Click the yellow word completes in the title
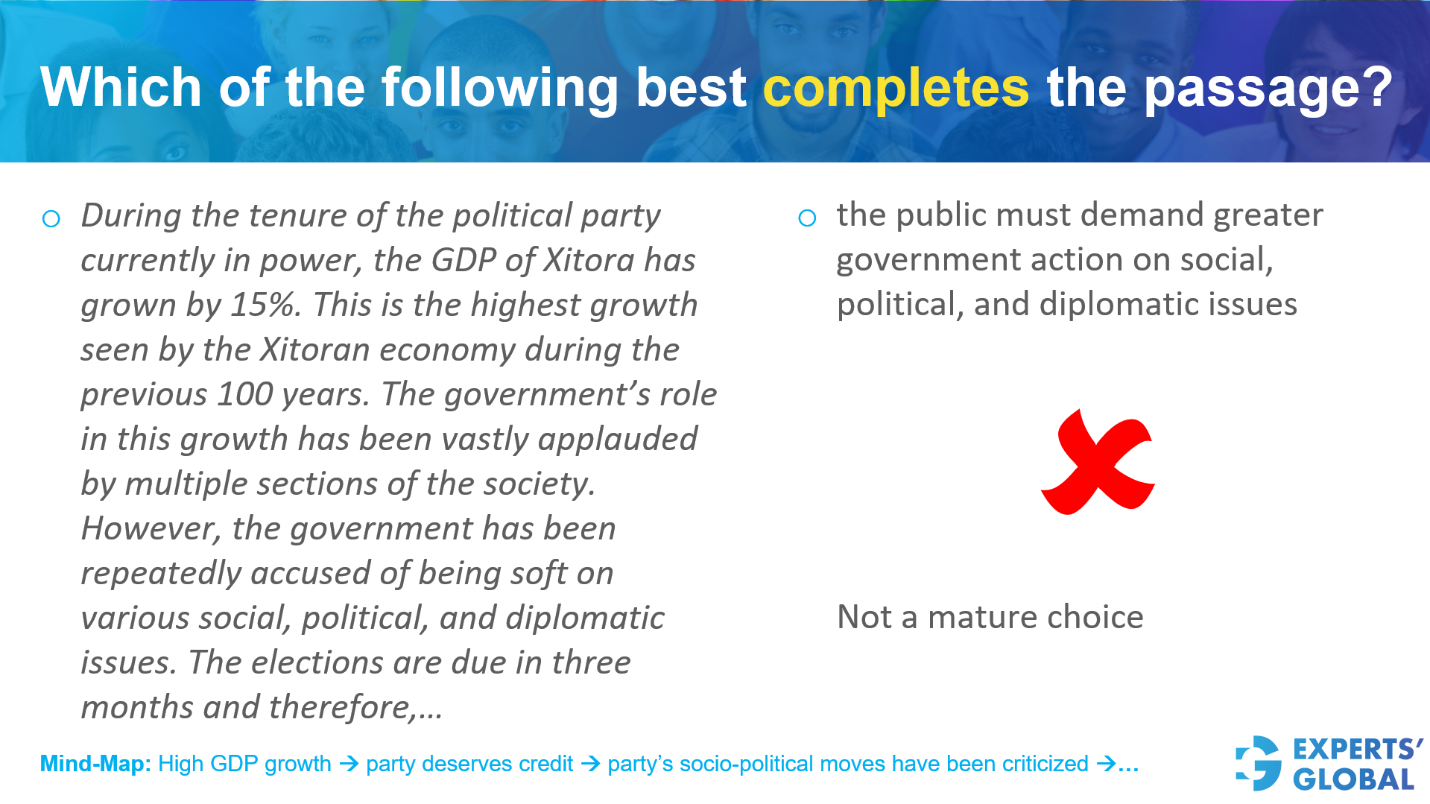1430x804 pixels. (x=896, y=89)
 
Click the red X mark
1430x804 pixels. (x=1098, y=462)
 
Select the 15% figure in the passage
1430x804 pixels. (x=265, y=305)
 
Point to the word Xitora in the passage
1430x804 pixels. (x=589, y=260)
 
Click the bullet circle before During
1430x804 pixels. (x=51, y=219)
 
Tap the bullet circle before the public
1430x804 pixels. (x=807, y=218)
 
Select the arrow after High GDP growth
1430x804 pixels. (x=349, y=764)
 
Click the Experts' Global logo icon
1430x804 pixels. (x=1259, y=763)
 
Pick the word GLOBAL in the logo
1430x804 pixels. (x=1353, y=779)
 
